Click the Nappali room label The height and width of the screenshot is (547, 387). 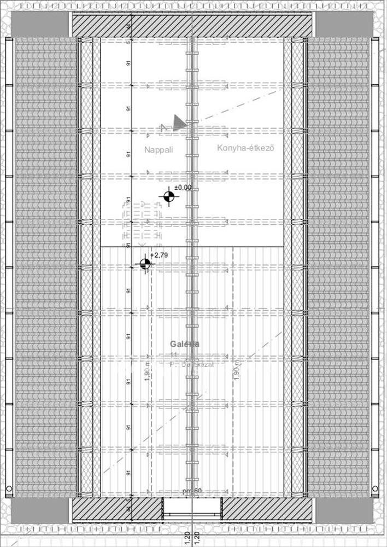[x=159, y=149]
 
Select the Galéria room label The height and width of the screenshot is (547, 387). [x=184, y=344]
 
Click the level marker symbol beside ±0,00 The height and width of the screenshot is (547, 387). [x=169, y=196]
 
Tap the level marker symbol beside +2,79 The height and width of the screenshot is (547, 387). [x=145, y=264]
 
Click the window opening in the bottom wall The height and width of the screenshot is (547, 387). [x=193, y=509]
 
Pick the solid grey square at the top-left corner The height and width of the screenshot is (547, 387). [x=40, y=24]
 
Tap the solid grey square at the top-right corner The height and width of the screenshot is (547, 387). [x=344, y=24]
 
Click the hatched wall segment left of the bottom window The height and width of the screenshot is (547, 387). [x=118, y=510]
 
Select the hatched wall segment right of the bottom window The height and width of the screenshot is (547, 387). [x=268, y=510]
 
